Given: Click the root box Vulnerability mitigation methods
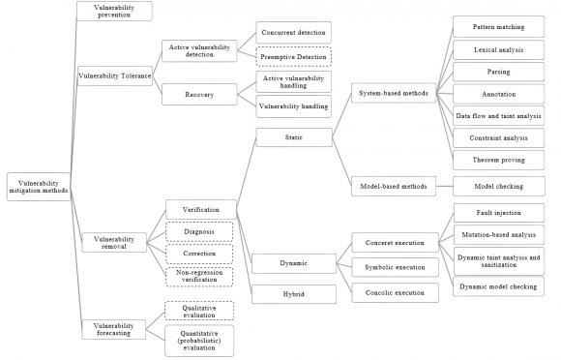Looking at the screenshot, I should point(39,186).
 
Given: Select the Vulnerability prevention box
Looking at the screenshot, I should point(113,11).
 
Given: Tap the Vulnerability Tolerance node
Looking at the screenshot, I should point(113,74).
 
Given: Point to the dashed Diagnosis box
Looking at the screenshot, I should point(198,231).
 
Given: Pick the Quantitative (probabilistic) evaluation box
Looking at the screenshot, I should point(198,341).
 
